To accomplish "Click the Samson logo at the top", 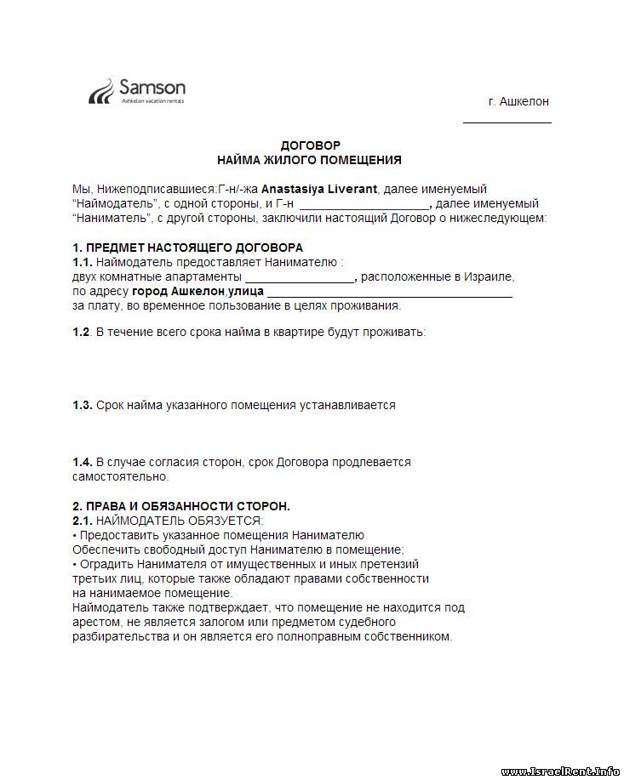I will tap(137, 91).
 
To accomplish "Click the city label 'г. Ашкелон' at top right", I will tap(518, 101).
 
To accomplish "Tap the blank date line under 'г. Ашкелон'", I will tap(507, 122).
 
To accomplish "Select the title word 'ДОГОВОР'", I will tap(310, 146).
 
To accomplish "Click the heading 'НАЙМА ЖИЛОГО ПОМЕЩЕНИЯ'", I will tap(310, 160).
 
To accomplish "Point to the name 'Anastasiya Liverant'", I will tap(319, 189).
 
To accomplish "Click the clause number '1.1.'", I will tap(82, 262).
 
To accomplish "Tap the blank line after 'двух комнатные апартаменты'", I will tap(300, 278).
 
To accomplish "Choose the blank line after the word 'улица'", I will tap(389, 293).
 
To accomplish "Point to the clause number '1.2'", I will tap(81, 332).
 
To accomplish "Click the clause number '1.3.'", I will tap(83, 406).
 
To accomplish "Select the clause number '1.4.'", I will tap(83, 462).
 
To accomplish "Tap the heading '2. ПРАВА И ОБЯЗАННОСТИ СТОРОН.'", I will tap(181, 506).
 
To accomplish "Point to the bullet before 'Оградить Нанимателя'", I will tap(75, 564).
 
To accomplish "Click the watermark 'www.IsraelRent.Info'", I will tap(561, 771).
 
